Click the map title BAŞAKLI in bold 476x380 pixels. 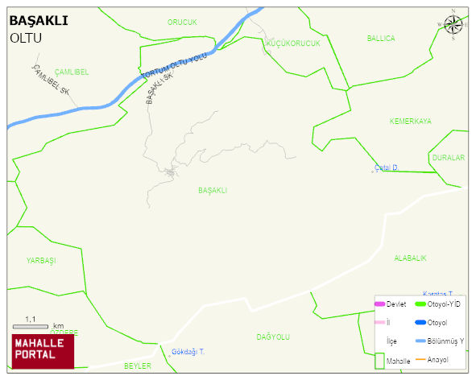(x=38, y=21)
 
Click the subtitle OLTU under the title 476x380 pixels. (x=26, y=38)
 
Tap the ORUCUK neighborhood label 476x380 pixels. (x=182, y=23)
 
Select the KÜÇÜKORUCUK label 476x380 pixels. (x=293, y=43)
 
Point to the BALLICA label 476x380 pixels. (x=381, y=38)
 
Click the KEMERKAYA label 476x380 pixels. (x=410, y=122)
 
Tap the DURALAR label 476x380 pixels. (x=448, y=158)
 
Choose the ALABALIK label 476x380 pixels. (x=410, y=258)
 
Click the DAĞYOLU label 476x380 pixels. (x=273, y=337)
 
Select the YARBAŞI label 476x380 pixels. (x=40, y=261)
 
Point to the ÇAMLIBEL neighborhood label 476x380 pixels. (x=72, y=72)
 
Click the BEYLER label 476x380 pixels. (x=138, y=366)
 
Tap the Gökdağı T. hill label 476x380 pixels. (x=188, y=352)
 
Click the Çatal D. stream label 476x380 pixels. (x=387, y=167)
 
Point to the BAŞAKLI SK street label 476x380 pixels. (x=160, y=89)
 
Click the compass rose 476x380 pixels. (x=453, y=25)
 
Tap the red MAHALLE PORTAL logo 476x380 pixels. (x=43, y=351)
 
